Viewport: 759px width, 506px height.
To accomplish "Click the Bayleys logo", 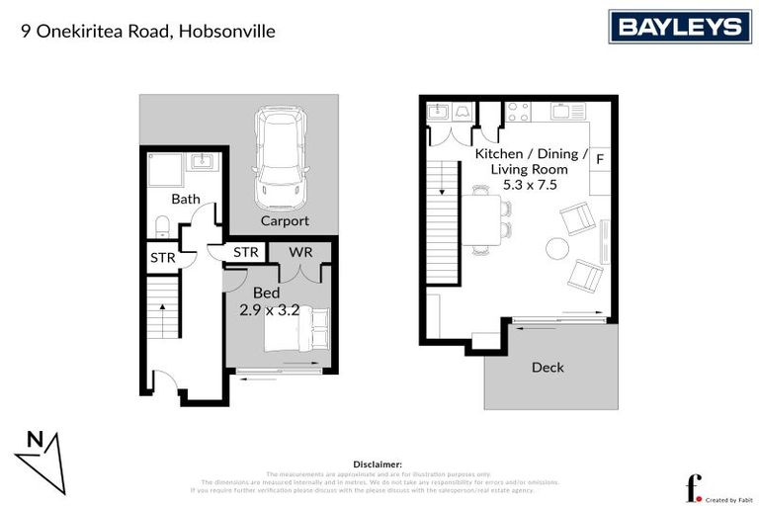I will pyautogui.click(x=679, y=27).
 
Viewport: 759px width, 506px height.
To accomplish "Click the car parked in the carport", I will pyautogui.click(x=280, y=156).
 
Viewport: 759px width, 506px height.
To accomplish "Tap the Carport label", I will pyautogui.click(x=285, y=221).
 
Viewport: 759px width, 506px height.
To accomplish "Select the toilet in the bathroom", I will pyautogui.click(x=163, y=227).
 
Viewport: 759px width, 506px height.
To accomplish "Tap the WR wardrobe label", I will pyautogui.click(x=301, y=252).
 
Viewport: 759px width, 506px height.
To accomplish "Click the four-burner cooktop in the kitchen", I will pyautogui.click(x=518, y=112).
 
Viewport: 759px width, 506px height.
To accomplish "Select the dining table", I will pyautogui.click(x=483, y=220).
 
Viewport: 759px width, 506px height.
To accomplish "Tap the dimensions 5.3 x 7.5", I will pyautogui.click(x=531, y=186).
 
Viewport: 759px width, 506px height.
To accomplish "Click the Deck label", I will pyautogui.click(x=548, y=368).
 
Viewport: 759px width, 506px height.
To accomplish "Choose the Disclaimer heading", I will pyautogui.click(x=378, y=464).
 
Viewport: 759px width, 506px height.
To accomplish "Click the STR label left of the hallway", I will pyautogui.click(x=162, y=258).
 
